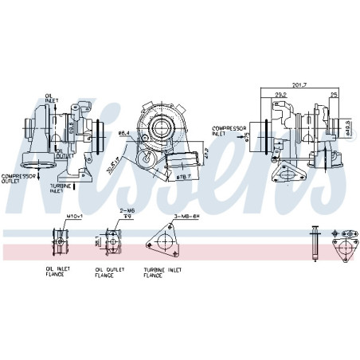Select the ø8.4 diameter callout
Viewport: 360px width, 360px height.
(x=123, y=133)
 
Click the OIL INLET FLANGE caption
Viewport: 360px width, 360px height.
(x=57, y=273)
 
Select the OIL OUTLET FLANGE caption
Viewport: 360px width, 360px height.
(x=104, y=273)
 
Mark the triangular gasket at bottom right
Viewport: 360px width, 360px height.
(x=345, y=248)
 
